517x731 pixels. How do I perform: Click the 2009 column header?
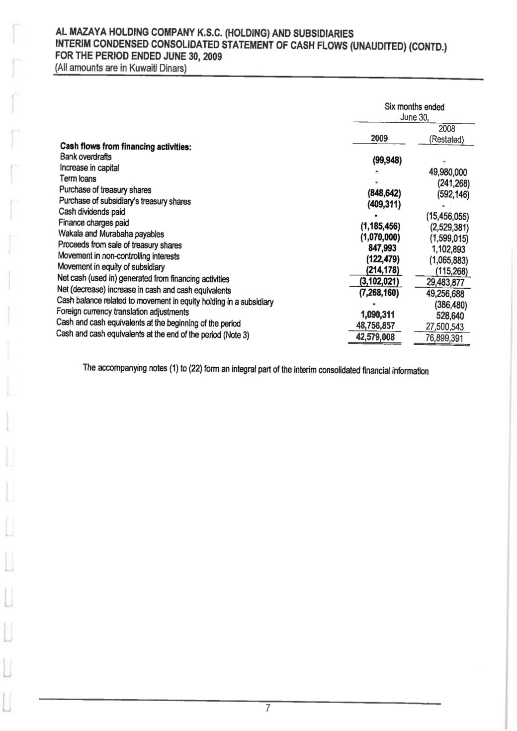379,138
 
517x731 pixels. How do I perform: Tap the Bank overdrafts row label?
86,157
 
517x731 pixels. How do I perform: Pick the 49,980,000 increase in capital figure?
447,172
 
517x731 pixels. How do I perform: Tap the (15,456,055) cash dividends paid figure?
448,217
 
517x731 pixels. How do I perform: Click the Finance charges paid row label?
94,223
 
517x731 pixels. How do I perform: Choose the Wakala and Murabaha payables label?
111,234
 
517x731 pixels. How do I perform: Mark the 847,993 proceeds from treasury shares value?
380,248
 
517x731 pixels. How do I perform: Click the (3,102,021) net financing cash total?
380,281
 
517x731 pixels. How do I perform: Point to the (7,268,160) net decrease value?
380,292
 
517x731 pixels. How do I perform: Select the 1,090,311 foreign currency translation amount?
380,314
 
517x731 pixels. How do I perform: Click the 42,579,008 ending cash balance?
379,336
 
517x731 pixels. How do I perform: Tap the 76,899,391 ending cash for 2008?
444,339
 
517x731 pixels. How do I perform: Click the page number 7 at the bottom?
267,708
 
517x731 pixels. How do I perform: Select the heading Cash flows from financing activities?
126,147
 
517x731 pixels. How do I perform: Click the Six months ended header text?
414,107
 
